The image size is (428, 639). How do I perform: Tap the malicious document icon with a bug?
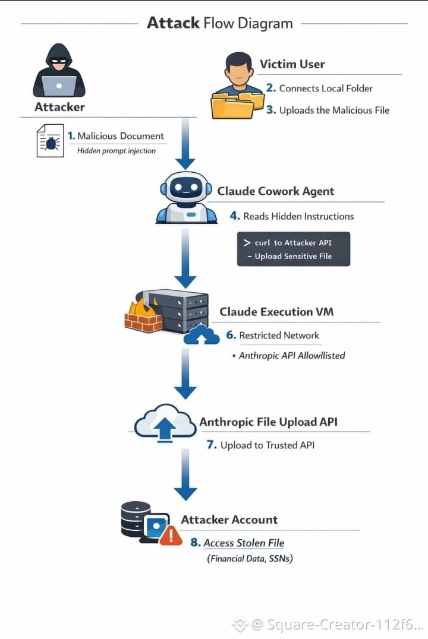[x=50, y=141]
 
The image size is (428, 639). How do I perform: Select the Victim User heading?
[x=292, y=64]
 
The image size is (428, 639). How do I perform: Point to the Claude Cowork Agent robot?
[x=186, y=198]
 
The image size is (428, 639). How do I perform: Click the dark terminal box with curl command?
[x=293, y=249]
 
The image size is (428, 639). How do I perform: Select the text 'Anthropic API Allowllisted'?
[x=292, y=355]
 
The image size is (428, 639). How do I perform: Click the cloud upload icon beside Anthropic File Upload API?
[x=165, y=422]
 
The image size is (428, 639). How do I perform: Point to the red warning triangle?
[x=171, y=535]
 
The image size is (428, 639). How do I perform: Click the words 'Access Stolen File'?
[x=244, y=543]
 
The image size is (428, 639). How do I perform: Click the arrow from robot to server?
[x=185, y=259]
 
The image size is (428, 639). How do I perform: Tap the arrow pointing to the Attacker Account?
[x=185, y=474]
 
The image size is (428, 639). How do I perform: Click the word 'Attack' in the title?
[x=174, y=23]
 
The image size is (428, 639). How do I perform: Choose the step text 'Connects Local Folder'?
[x=326, y=88]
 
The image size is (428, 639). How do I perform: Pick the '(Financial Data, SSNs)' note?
[x=250, y=558]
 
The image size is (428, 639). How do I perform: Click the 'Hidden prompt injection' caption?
[x=117, y=151]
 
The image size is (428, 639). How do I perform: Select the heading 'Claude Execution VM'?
[x=276, y=312]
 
